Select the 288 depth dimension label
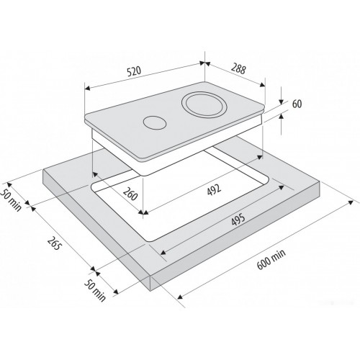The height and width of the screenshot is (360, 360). coord(238,69)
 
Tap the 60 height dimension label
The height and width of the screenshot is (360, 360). coord(297,104)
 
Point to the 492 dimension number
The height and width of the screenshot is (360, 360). coord(214,189)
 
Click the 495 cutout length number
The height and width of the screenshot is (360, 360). coord(238,220)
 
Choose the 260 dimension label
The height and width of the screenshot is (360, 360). coord(130,194)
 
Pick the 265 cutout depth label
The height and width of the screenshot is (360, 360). coord(54,243)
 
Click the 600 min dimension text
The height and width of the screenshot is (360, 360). coord(271,259)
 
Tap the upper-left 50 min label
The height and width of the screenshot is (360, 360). coord(11,200)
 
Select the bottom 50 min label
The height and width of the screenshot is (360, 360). coord(95,291)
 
